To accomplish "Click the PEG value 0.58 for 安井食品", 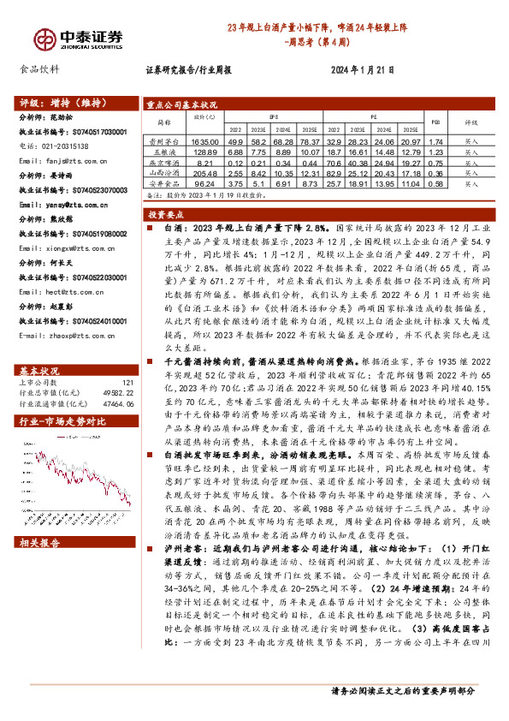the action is click(435, 183).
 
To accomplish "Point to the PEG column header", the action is click(435, 122).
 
